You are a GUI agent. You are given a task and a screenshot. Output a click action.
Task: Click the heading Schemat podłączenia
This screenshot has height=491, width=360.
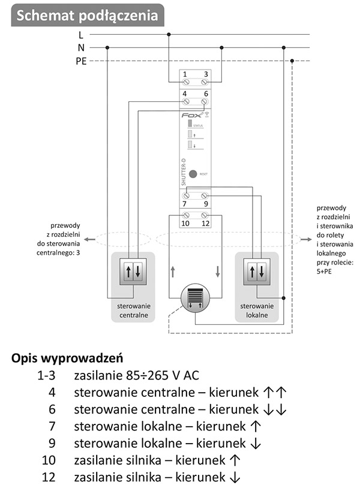(87, 16)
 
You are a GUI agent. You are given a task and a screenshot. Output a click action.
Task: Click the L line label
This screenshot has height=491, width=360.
(81, 35)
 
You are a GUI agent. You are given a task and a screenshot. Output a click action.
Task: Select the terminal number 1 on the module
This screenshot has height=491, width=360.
(185, 74)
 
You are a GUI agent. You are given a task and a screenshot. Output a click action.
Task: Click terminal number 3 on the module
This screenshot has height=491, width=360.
(206, 74)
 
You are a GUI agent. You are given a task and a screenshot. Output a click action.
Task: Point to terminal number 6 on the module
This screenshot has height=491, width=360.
(206, 94)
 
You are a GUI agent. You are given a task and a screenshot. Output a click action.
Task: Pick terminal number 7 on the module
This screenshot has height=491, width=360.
(185, 204)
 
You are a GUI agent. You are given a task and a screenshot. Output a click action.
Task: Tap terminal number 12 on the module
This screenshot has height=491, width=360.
(206, 223)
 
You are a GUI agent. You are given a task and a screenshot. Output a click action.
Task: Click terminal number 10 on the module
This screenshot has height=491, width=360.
(185, 223)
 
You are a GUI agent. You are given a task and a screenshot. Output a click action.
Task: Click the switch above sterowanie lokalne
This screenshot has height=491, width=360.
(257, 271)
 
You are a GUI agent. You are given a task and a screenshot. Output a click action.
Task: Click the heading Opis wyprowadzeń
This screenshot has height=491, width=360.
(68, 359)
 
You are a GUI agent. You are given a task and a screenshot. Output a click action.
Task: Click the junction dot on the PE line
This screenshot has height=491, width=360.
(292, 61)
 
